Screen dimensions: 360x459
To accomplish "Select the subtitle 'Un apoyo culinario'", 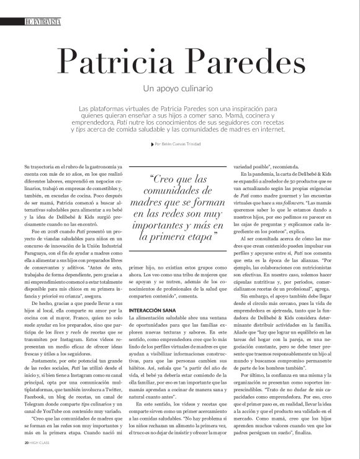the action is [179, 88].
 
